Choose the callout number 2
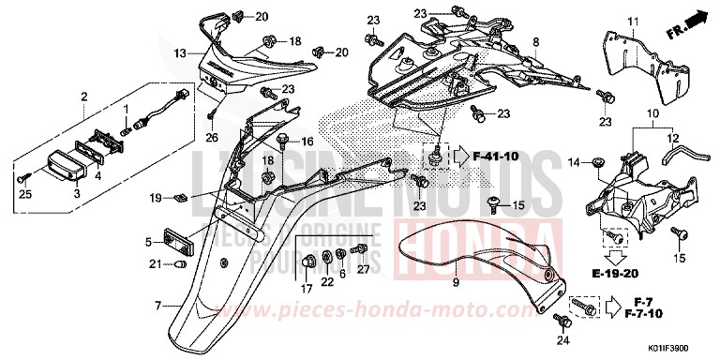pos(84,97)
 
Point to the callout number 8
pos(536,42)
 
